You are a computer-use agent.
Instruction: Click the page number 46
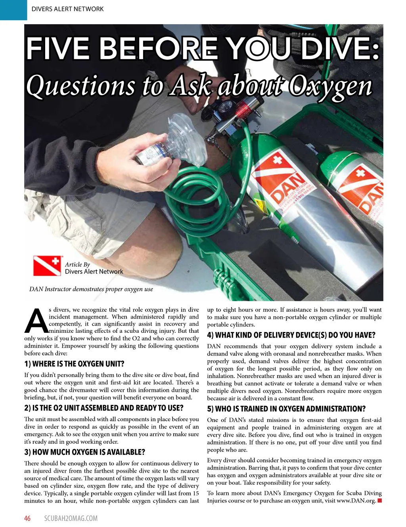click(27, 518)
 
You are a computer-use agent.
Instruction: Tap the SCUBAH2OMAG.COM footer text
click(71, 518)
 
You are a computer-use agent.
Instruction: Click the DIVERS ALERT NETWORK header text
click(67, 9)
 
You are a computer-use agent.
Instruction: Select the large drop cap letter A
click(36, 321)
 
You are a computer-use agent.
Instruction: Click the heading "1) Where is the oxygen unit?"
click(74, 364)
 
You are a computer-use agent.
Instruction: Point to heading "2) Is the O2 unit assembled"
click(104, 408)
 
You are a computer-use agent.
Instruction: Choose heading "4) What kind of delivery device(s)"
click(291, 335)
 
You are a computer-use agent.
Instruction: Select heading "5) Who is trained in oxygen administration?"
click(286, 409)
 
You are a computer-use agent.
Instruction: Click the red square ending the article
click(379, 501)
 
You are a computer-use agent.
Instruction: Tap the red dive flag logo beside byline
click(47, 266)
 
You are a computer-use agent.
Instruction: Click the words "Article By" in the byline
click(77, 265)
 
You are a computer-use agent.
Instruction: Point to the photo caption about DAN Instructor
click(91, 289)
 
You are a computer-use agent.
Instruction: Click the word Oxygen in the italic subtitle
click(330, 86)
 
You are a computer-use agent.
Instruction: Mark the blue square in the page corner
click(13, 10)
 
